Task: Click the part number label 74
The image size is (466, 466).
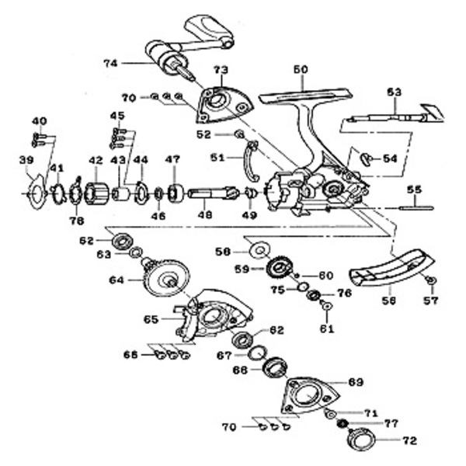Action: point(111,61)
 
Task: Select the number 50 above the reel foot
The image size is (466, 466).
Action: point(301,70)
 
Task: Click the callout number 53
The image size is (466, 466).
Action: point(395,92)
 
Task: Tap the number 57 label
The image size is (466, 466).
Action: point(432,300)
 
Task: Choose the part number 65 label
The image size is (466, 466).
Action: point(151,319)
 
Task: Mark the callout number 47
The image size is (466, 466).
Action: point(172,161)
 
